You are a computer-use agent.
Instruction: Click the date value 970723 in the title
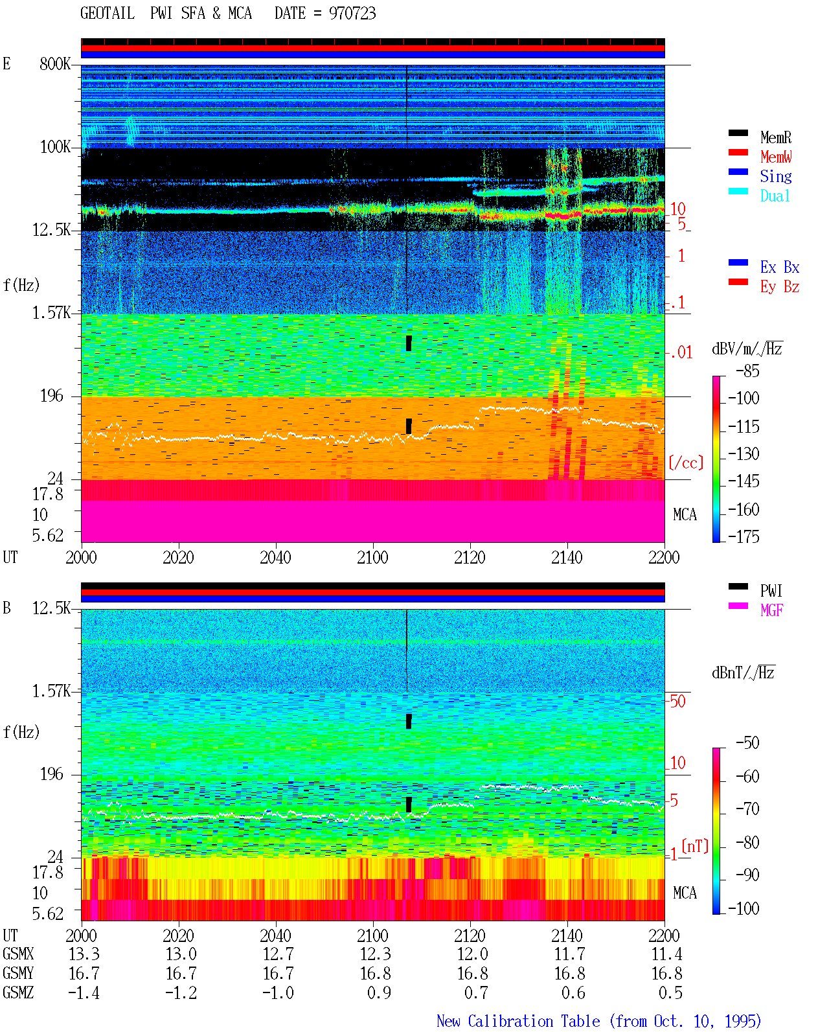[x=352, y=13]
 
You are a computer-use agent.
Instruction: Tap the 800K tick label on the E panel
[x=55, y=63]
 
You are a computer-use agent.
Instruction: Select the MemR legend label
[x=775, y=137]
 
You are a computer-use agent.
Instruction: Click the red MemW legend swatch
[x=738, y=152]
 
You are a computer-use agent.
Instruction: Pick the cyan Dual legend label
[x=775, y=196]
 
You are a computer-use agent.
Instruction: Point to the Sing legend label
[x=775, y=176]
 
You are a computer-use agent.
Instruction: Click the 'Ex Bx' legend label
[x=779, y=267]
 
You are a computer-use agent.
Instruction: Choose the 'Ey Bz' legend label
[x=779, y=287]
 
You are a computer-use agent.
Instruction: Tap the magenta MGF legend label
[x=771, y=610]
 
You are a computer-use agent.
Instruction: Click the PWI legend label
[x=771, y=590]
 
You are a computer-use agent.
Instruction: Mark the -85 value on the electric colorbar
[x=747, y=371]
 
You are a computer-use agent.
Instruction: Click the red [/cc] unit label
[x=686, y=463]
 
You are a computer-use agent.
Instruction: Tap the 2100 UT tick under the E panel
[x=372, y=557]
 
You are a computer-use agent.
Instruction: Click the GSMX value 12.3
[x=376, y=954]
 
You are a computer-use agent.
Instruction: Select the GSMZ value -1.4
[x=84, y=992]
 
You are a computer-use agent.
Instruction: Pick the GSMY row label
[x=18, y=974]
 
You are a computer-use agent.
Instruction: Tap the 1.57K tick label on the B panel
[x=51, y=691]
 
